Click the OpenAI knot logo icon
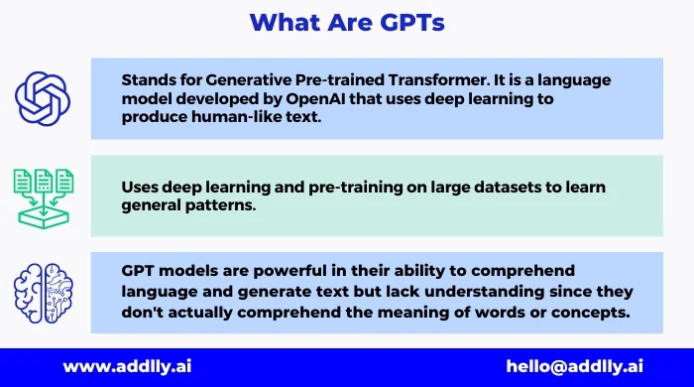[43, 95]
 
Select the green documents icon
[43, 194]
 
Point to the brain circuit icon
[43, 292]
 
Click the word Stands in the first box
[148, 80]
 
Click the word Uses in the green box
[142, 186]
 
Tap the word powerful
[306, 271]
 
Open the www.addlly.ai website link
[127, 366]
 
